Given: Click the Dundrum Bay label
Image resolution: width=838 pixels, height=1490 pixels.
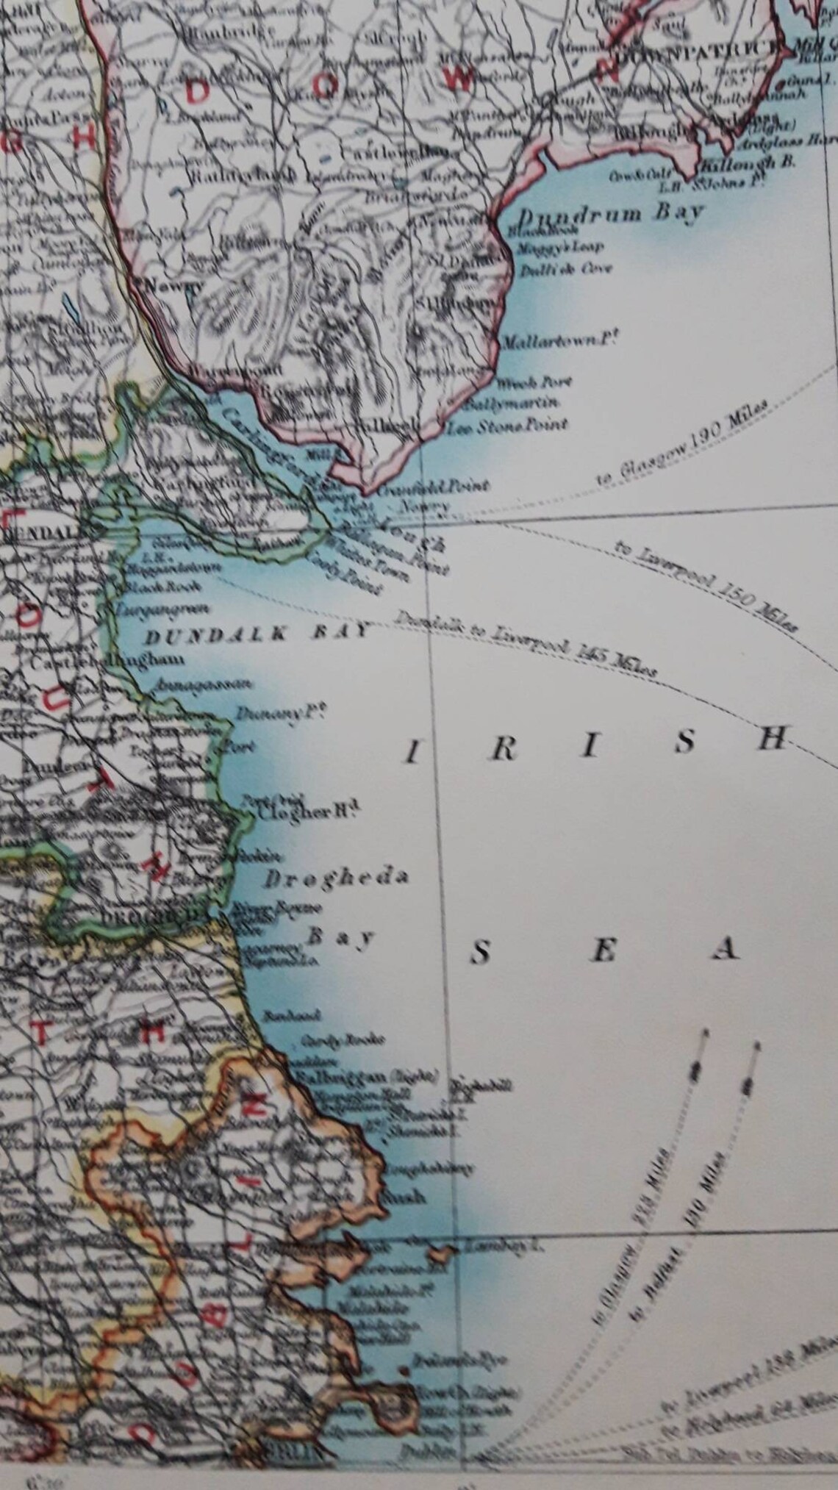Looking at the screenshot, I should (609, 215).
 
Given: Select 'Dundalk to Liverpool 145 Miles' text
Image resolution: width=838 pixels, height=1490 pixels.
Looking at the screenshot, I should (526, 645).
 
